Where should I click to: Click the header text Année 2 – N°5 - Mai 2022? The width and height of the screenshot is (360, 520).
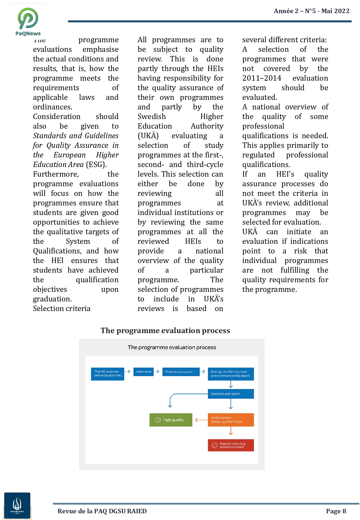(x=311, y=11)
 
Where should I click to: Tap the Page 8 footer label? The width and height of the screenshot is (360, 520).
(x=336, y=511)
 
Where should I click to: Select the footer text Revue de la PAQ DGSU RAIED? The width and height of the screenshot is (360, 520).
(x=102, y=511)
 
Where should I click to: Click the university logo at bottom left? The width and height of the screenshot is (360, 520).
(x=17, y=506)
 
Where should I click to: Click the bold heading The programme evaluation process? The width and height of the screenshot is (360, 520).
(x=165, y=331)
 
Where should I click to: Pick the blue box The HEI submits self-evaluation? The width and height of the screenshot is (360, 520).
(x=108, y=373)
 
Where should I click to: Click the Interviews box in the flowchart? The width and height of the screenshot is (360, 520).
(x=143, y=372)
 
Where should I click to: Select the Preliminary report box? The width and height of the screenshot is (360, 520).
(x=180, y=372)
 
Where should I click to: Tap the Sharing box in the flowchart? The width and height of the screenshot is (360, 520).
(x=231, y=374)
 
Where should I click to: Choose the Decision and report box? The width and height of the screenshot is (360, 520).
(x=231, y=394)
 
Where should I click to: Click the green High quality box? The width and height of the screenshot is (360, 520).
(x=171, y=420)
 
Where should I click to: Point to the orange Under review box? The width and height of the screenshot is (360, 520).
(x=231, y=420)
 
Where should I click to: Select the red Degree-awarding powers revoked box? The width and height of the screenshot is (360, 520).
(x=231, y=445)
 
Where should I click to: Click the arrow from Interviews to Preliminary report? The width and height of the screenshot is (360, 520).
(x=156, y=372)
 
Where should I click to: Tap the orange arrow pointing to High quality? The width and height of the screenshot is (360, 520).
(x=201, y=420)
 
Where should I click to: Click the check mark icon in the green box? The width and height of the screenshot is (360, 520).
(x=158, y=420)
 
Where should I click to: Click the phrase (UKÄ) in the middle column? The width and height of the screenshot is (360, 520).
(x=148, y=136)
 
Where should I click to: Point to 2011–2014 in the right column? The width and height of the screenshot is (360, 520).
(x=261, y=78)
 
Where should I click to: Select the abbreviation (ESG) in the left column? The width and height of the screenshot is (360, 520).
(x=96, y=164)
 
